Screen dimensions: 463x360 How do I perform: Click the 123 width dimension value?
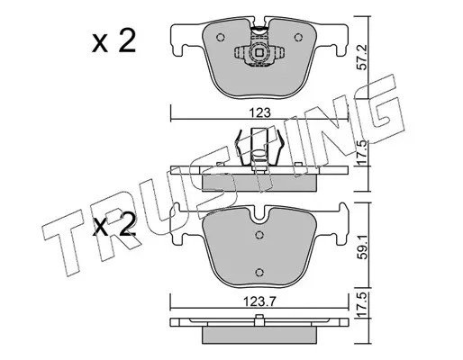(x=259, y=112)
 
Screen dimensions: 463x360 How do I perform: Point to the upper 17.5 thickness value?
(x=362, y=152)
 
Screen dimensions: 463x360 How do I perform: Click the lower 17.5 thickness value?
(x=363, y=305)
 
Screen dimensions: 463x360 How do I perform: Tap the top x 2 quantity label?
(x=114, y=42)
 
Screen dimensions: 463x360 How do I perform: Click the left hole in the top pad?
(x=221, y=37)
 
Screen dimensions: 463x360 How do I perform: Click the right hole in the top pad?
(x=298, y=38)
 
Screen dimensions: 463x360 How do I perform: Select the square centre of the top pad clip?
(x=259, y=53)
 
